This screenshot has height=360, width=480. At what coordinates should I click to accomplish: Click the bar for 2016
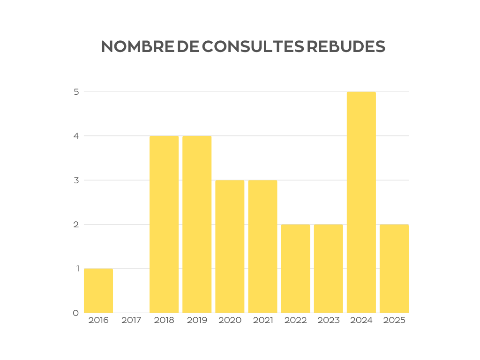(98, 291)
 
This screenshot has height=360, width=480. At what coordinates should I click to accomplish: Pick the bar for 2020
(230, 246)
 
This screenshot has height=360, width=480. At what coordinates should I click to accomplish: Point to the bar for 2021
(262, 246)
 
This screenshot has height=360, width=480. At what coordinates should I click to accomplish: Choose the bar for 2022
(295, 268)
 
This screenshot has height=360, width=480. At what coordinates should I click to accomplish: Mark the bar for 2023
(328, 268)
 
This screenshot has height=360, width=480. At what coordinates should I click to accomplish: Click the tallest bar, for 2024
(361, 202)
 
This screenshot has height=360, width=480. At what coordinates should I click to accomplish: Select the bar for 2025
(394, 268)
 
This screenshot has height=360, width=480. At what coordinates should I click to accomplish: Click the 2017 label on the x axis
(131, 321)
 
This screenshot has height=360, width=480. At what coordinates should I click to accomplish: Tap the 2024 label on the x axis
(361, 321)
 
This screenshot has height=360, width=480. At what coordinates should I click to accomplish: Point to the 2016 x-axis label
(98, 321)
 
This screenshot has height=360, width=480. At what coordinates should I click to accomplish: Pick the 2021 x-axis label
(262, 321)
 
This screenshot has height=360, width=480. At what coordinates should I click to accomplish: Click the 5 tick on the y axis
(75, 92)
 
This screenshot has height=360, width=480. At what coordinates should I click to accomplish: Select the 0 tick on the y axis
(75, 313)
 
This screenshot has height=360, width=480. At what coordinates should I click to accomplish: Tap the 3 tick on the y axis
(75, 180)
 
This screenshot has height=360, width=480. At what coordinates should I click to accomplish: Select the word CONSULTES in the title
(253, 46)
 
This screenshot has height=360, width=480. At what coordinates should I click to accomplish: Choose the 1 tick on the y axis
(75, 269)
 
